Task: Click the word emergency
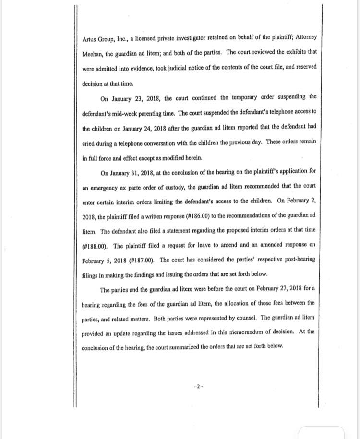[x=101, y=187]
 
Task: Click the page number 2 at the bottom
[x=199, y=386]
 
